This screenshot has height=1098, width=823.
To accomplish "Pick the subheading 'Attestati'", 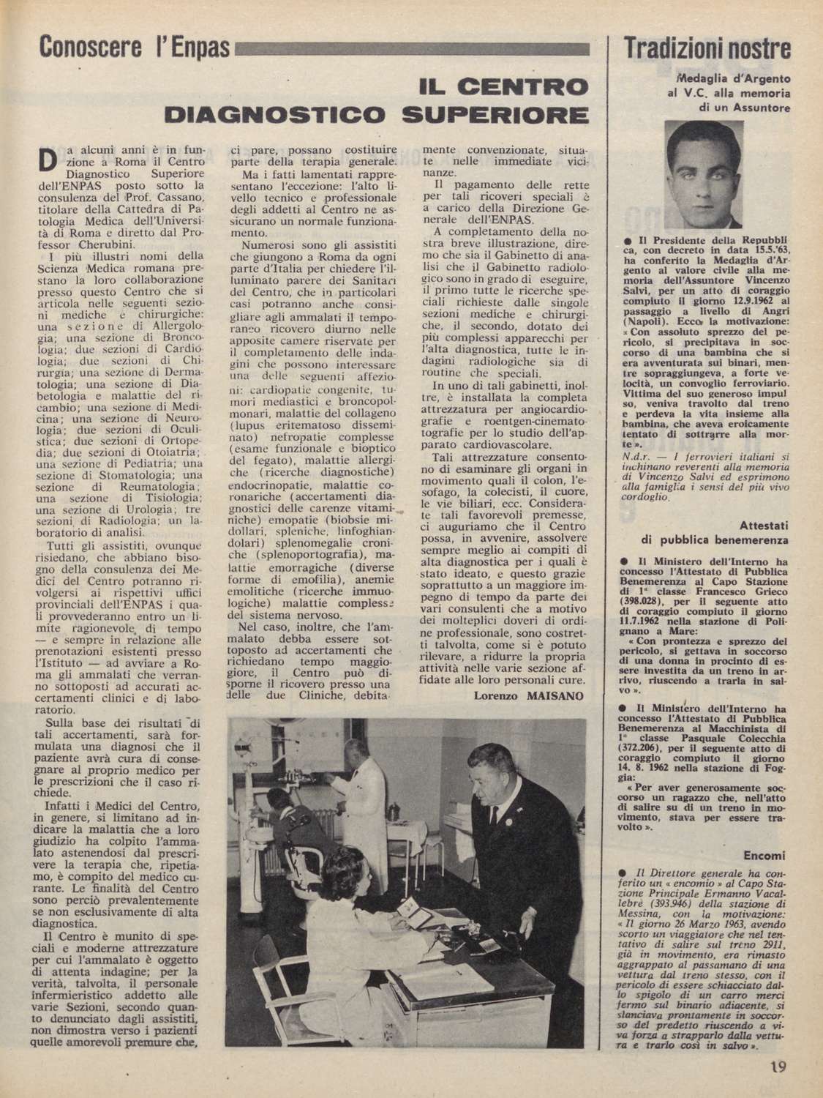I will [764, 526].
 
